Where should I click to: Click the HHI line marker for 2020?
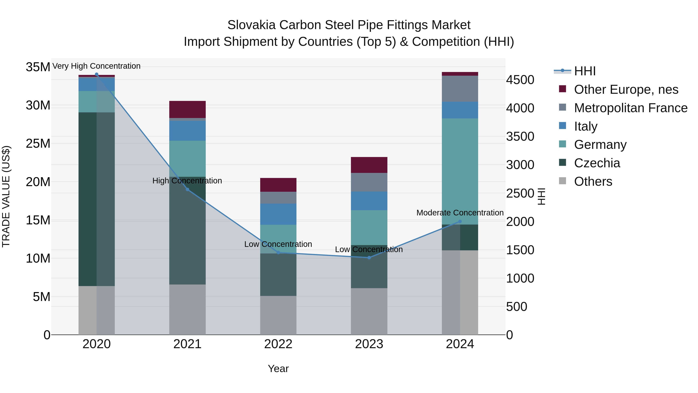click(x=97, y=74)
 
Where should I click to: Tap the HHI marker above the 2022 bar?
click(x=278, y=252)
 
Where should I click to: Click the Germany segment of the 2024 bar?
click(x=460, y=171)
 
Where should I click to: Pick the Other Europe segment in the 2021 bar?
click(x=187, y=109)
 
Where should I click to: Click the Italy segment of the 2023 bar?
click(x=369, y=201)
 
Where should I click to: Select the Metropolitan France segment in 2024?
click(x=460, y=89)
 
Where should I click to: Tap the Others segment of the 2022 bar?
click(x=278, y=315)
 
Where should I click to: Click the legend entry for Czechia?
click(x=597, y=163)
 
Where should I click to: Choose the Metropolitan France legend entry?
click(x=631, y=108)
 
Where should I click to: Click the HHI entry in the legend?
click(x=585, y=71)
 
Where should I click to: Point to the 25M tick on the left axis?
click(x=38, y=143)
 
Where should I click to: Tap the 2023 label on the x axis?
click(x=369, y=344)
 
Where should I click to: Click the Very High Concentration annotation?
click(x=97, y=66)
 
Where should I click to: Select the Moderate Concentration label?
click(x=460, y=213)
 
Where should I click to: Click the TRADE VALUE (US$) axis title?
click(x=6, y=196)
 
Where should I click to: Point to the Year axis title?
click(x=278, y=369)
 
